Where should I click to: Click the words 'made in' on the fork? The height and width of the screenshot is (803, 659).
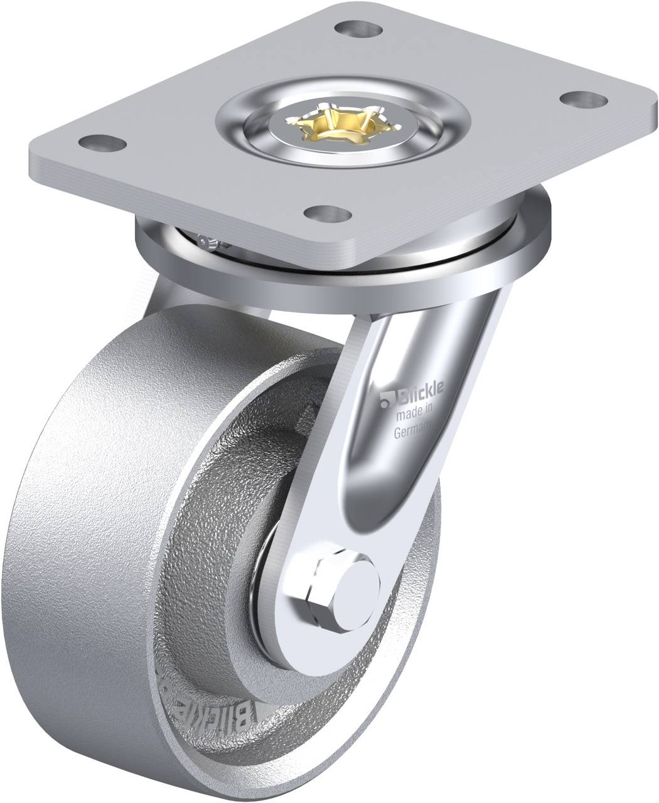point(412,414)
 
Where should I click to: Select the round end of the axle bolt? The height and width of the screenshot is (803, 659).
point(356,593)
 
